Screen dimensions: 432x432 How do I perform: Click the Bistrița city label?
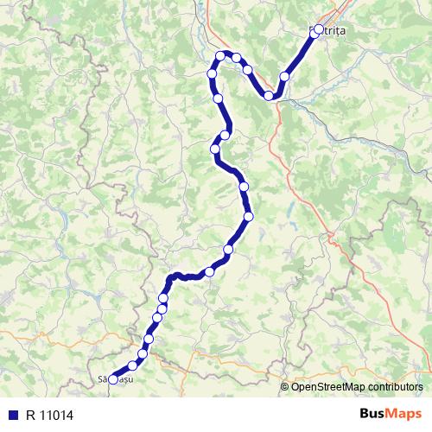pyautogui.click(x=327, y=30)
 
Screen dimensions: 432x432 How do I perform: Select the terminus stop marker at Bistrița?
pyautogui.click(x=319, y=29)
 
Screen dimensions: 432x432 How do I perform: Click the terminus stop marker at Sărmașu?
pyautogui.click(x=113, y=379)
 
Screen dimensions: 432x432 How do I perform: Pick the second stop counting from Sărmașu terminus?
pyautogui.click(x=133, y=364)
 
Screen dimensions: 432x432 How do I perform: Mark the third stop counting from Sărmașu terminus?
pyautogui.click(x=143, y=353)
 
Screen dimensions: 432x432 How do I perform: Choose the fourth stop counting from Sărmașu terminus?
pyautogui.click(x=149, y=339)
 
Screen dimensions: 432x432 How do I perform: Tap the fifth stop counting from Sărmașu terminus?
pyautogui.click(x=157, y=318)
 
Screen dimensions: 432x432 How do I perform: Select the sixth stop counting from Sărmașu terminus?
pyautogui.click(x=162, y=308)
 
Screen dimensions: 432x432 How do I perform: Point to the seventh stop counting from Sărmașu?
pyautogui.click(x=163, y=298)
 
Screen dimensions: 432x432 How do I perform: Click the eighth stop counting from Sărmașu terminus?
pyautogui.click(x=209, y=272)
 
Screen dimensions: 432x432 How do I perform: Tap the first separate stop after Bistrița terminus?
pyautogui.click(x=284, y=77)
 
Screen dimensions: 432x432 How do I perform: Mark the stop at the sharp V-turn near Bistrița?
pyautogui.click(x=270, y=95)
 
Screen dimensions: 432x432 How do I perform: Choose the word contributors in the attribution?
pyautogui.click(x=395, y=386)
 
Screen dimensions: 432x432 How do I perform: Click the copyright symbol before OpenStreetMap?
pyautogui.click(x=285, y=386)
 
